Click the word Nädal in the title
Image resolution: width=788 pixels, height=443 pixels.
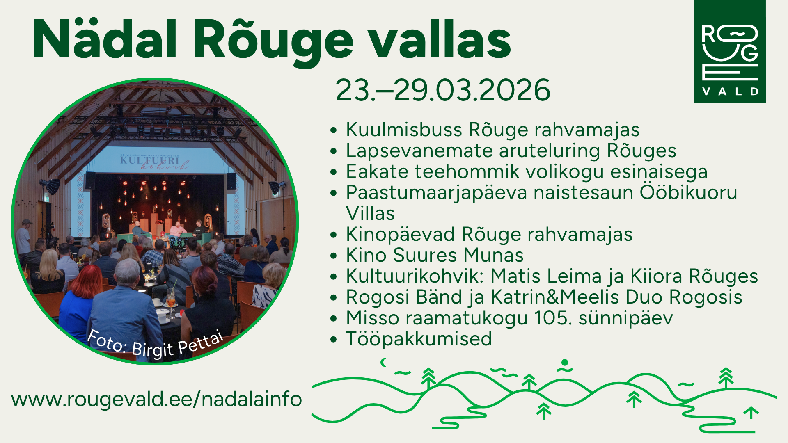click(105, 39)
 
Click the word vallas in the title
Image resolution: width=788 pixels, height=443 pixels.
click(439, 39)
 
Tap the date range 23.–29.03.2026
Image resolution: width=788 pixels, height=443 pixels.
click(443, 90)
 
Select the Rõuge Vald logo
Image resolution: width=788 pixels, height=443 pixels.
click(730, 51)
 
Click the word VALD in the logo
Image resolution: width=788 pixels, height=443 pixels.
click(730, 91)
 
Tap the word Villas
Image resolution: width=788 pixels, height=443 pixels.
click(370, 213)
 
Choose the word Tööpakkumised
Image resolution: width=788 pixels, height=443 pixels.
click(419, 339)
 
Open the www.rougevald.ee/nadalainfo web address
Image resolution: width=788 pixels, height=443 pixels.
click(156, 399)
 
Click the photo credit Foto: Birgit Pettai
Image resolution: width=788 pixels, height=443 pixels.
click(155, 344)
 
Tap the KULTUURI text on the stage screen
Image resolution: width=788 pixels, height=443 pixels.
click(149, 160)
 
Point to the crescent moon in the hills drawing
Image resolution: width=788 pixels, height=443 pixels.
click(384, 362)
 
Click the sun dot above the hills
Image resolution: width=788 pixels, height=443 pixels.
click(565, 363)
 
